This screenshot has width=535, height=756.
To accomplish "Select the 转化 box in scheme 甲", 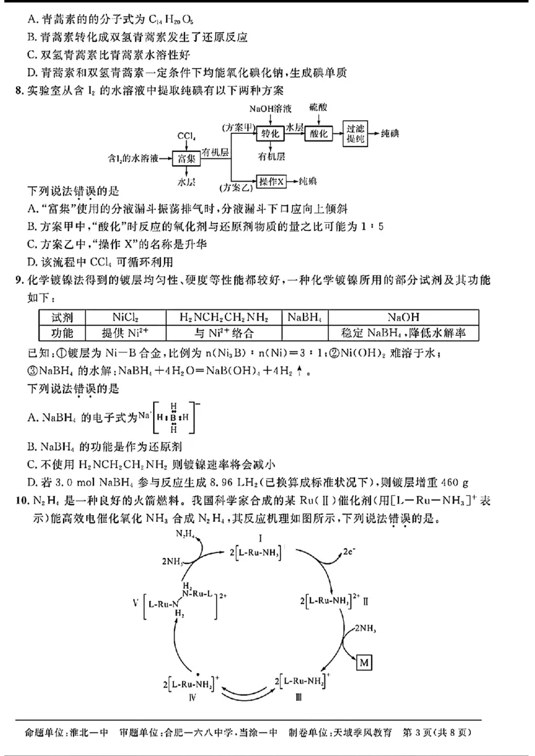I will click(271, 133).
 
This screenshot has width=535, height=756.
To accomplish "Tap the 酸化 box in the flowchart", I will click(319, 133).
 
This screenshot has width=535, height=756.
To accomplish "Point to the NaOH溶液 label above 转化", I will click(270, 108).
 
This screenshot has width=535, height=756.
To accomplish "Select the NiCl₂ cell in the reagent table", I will click(126, 317).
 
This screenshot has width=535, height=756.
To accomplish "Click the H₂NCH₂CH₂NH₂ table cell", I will click(221, 317).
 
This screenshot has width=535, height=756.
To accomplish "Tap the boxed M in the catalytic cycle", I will click(364, 662).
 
